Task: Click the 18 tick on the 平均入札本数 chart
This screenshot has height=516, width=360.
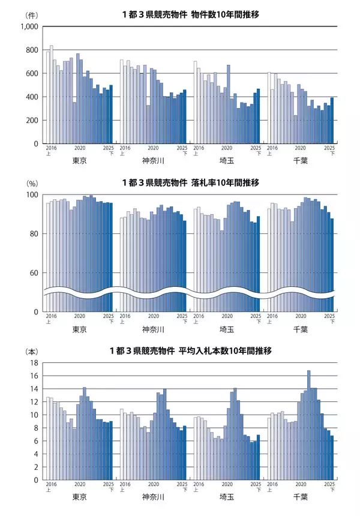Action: pos(34,363)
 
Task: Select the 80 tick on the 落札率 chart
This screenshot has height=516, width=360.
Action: pos(34,234)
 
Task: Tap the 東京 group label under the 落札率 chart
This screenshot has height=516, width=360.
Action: pos(79,329)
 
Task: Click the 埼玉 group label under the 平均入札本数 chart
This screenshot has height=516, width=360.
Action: pos(227,497)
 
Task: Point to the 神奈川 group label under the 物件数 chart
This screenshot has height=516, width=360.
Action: pos(153,161)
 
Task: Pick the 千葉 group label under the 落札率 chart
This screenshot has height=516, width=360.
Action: pos(301,329)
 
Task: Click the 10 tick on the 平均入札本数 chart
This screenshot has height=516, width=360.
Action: pos(34,415)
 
